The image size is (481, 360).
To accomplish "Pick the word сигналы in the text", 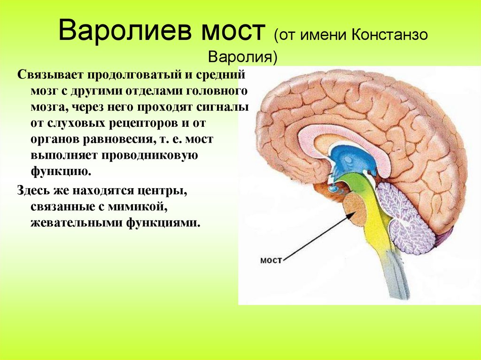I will point(227,107).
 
